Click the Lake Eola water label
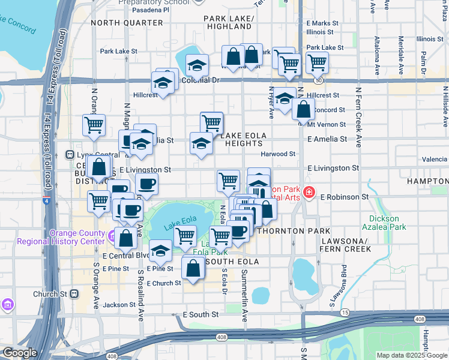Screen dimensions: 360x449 [179, 220]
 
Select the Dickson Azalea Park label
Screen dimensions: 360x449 [382, 223]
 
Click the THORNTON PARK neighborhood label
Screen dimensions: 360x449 [294, 231]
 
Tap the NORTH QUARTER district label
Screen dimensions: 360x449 [127, 23]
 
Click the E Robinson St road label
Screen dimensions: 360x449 [344, 197]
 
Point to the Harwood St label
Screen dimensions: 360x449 [277, 154]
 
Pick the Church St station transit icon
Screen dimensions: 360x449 [74, 294]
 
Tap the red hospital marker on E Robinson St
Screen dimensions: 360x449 [309, 193]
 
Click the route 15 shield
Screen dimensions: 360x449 [345, 313]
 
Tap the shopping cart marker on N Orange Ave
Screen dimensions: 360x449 [94, 125]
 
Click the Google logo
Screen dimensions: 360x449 [19, 353]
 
